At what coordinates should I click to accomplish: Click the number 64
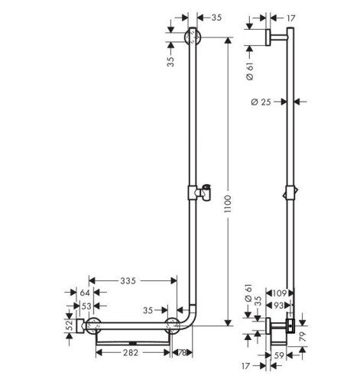coord(84,293)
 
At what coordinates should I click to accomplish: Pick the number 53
coord(84,306)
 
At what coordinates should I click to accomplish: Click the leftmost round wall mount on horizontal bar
coord(95,326)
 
